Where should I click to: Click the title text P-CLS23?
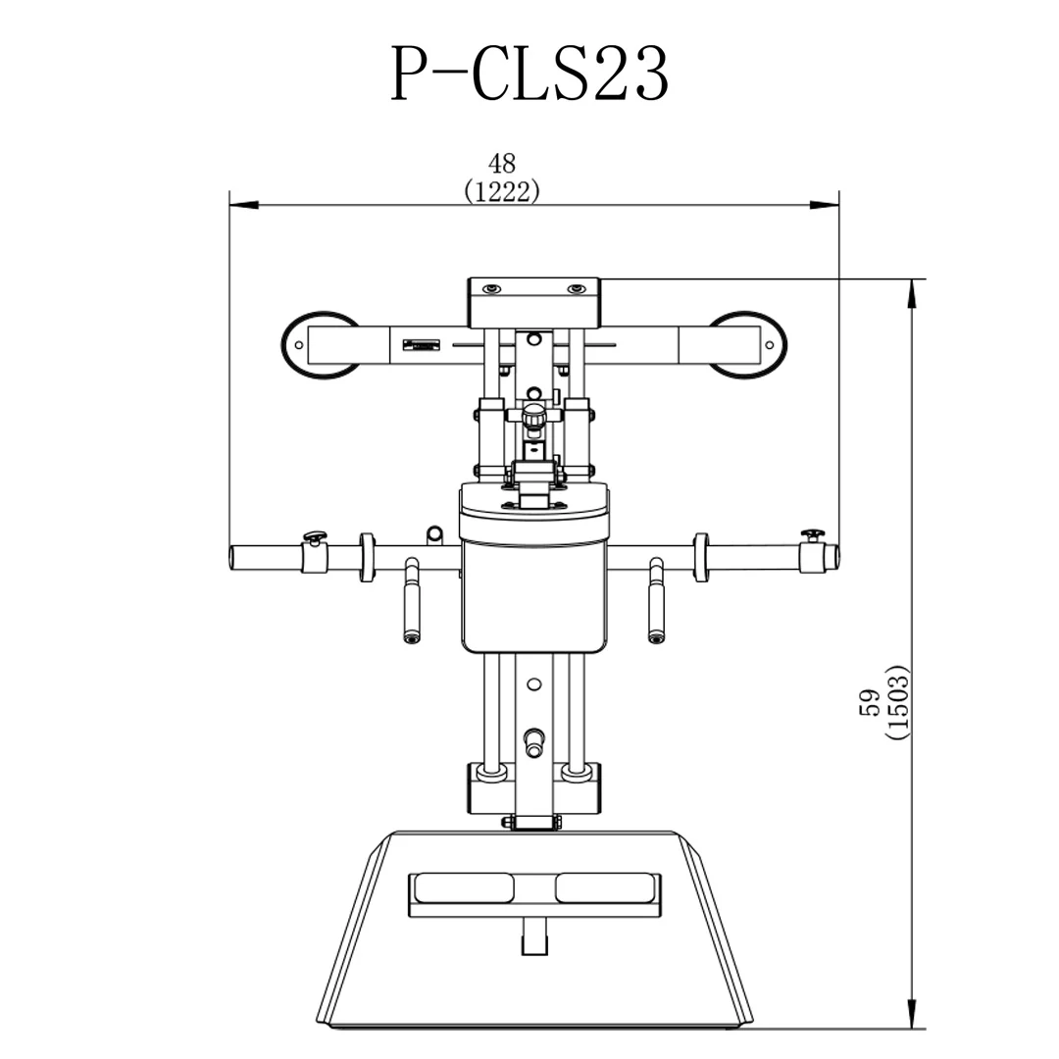click(529, 75)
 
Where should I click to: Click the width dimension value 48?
click(501, 163)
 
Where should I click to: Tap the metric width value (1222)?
click(501, 192)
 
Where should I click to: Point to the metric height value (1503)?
click(897, 702)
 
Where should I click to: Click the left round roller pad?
click(320, 344)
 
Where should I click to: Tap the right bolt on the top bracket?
click(577, 289)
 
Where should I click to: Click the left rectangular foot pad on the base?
click(464, 888)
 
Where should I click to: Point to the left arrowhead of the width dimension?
click(241, 205)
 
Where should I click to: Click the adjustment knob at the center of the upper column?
click(533, 417)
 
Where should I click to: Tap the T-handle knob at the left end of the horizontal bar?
click(314, 536)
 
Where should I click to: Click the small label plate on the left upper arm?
click(423, 344)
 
